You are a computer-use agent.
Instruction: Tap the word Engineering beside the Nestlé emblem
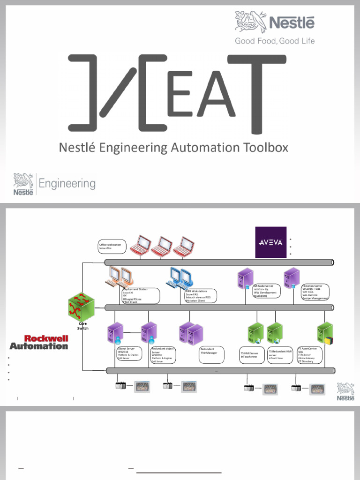pos(67,184)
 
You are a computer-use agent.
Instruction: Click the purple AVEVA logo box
pos(270,242)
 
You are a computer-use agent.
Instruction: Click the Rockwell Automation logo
pos(39,342)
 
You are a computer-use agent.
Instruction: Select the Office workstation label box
pos(112,246)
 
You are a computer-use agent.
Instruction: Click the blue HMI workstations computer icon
pos(176,277)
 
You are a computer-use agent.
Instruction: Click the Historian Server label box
pos(315,292)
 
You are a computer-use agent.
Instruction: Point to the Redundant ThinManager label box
pos(211,354)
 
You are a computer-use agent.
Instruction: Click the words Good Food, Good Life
pos(275,41)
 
